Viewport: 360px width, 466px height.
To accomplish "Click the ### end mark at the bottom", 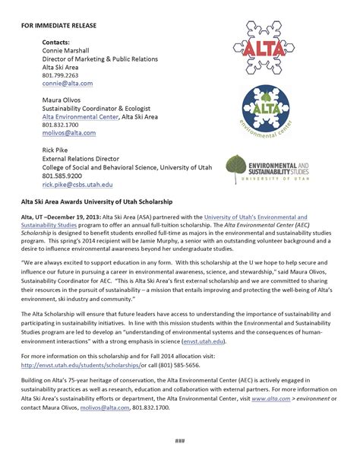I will click(179, 442).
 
